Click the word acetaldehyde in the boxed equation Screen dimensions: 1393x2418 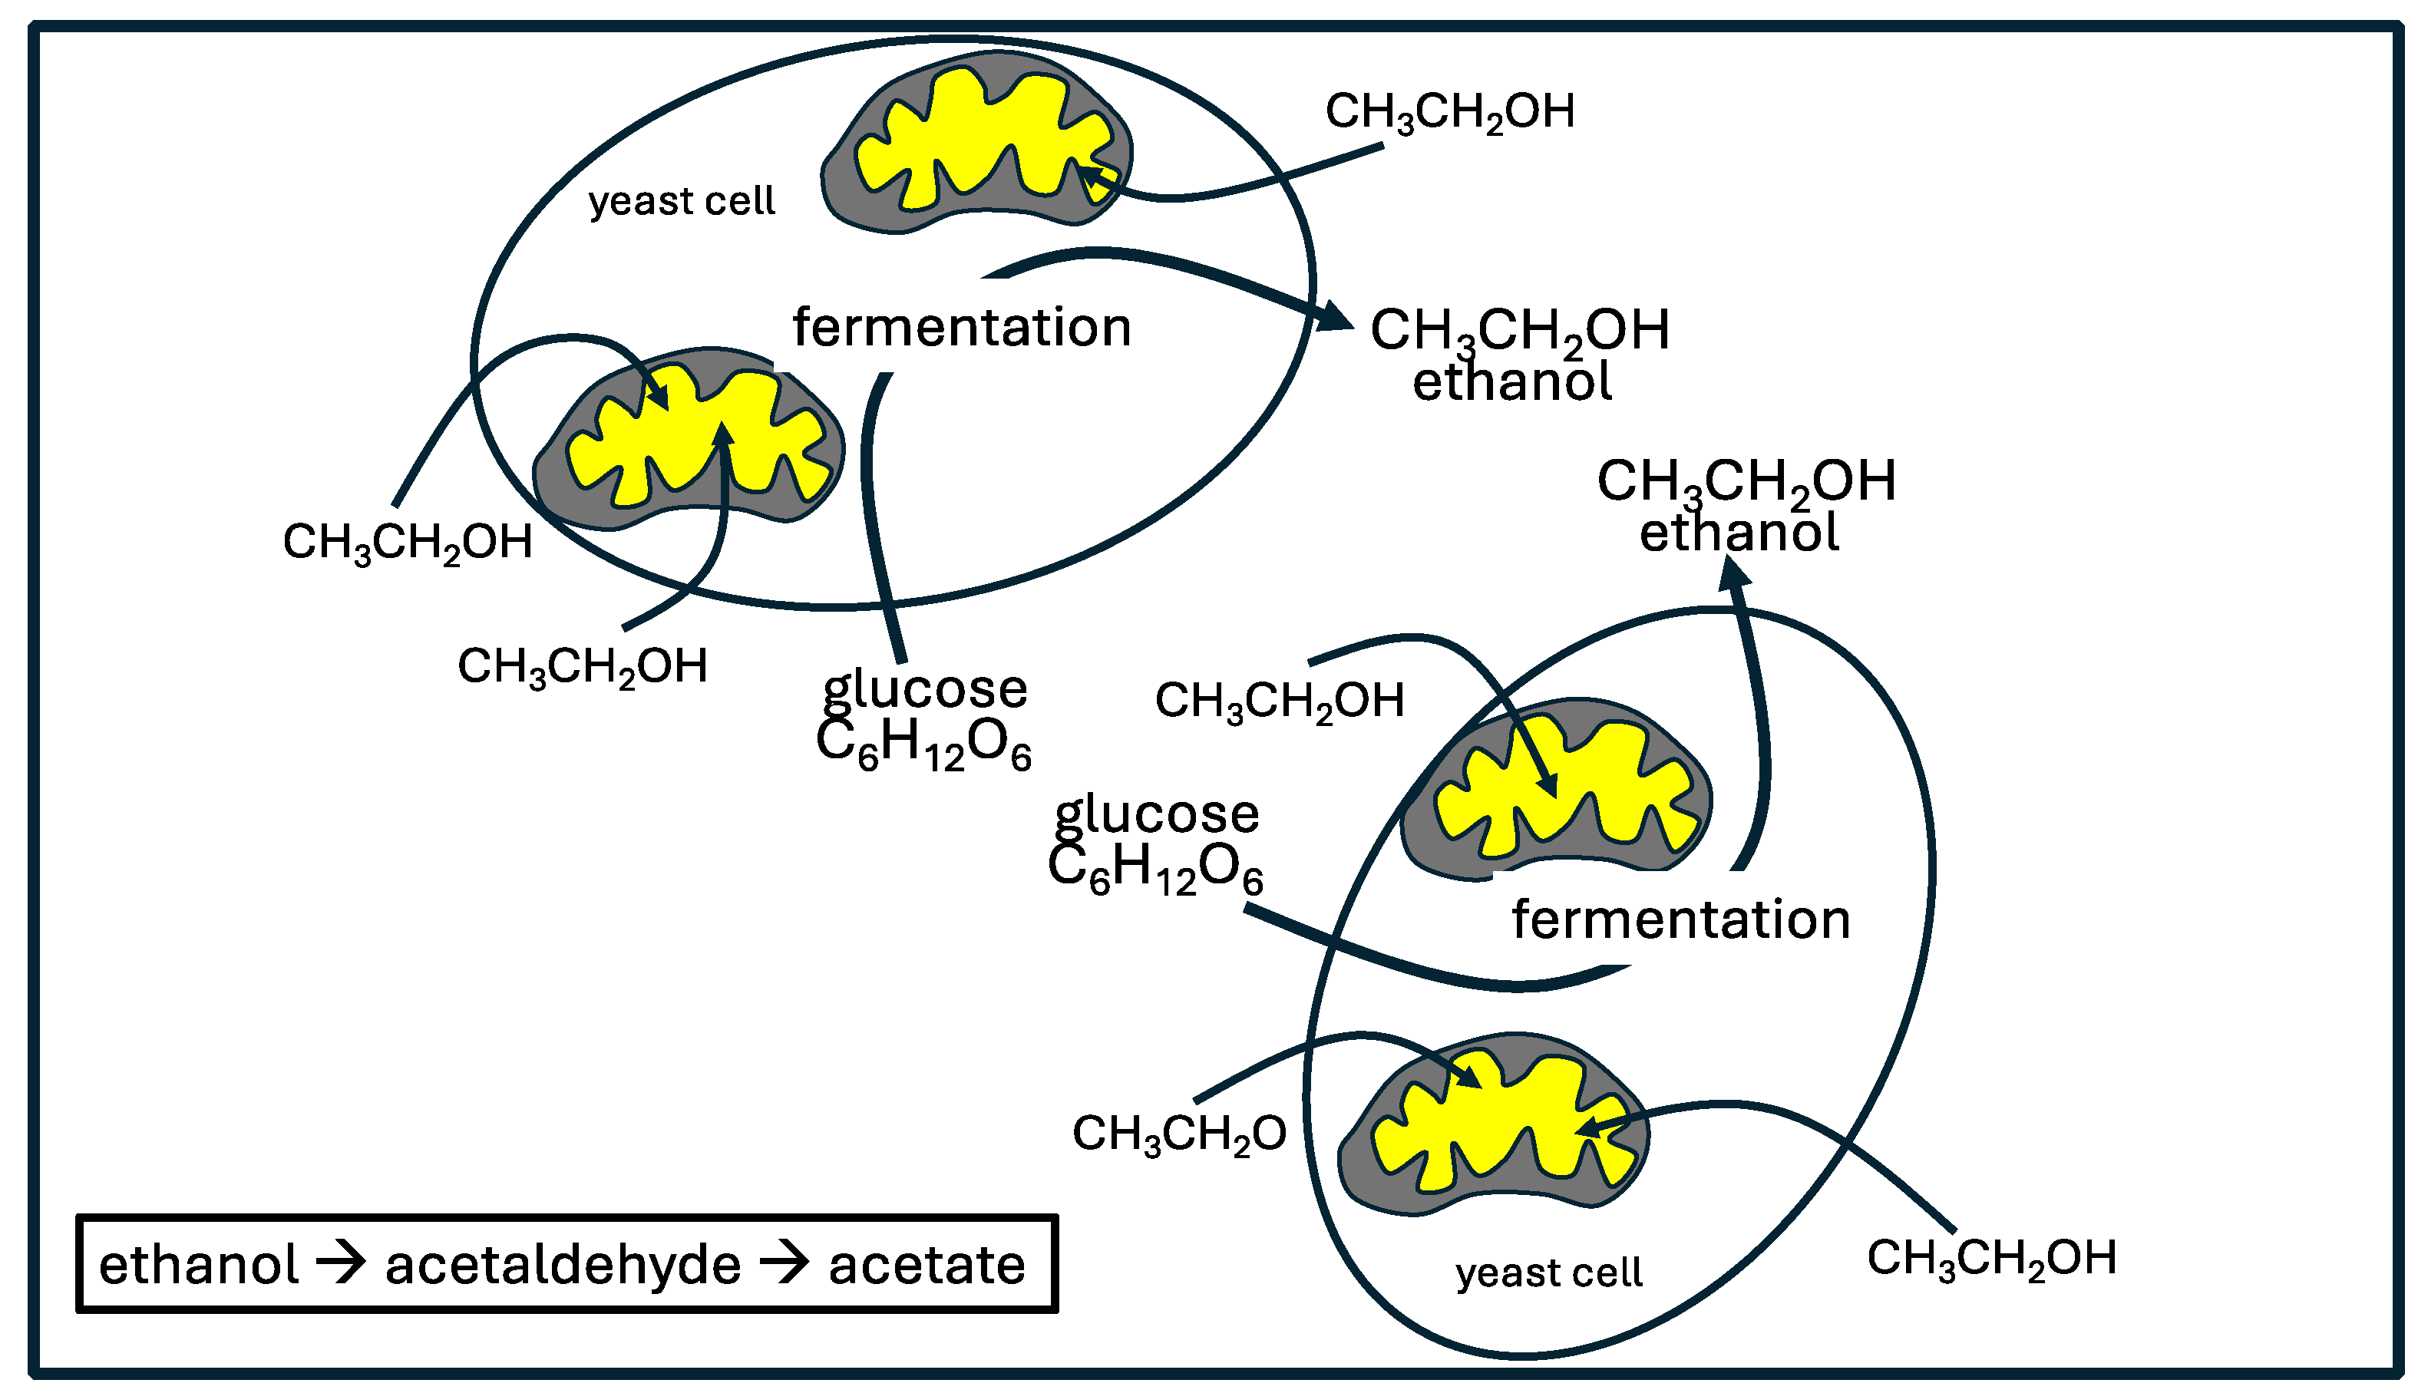[563, 1265]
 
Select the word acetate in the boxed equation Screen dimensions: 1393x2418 [927, 1265]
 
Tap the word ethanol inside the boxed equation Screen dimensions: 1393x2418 [199, 1265]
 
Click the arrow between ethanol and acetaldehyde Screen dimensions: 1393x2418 [341, 1263]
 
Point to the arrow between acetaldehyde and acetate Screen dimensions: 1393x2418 [785, 1263]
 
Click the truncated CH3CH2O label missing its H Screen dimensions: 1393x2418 [1179, 1134]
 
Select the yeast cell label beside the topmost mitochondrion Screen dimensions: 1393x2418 [682, 201]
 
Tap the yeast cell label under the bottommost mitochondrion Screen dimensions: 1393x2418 [1548, 1273]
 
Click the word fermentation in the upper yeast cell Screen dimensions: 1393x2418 [961, 327]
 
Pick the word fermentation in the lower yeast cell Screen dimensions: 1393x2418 [1680, 919]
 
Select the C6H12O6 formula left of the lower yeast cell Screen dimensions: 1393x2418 [1155, 869]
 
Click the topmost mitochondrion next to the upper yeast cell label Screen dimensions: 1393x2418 [976, 144]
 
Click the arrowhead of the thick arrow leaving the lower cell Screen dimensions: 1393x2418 [1734, 575]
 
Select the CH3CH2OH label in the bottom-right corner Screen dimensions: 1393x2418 [1991, 1259]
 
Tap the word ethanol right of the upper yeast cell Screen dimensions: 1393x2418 [1512, 381]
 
